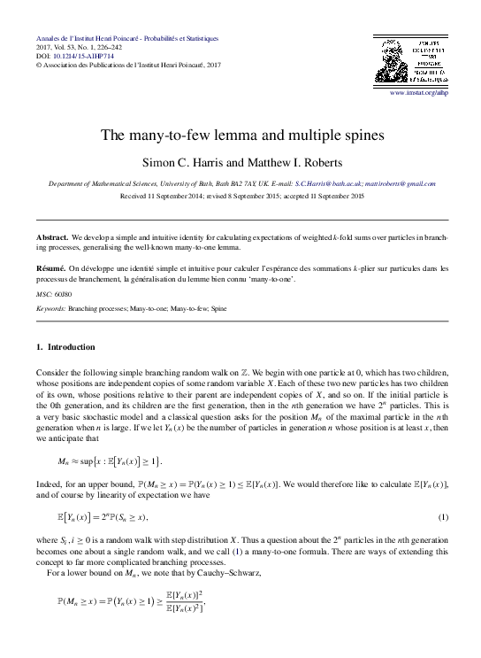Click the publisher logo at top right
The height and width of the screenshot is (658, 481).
tap(412, 59)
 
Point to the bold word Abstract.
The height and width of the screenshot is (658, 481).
tap(52, 239)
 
